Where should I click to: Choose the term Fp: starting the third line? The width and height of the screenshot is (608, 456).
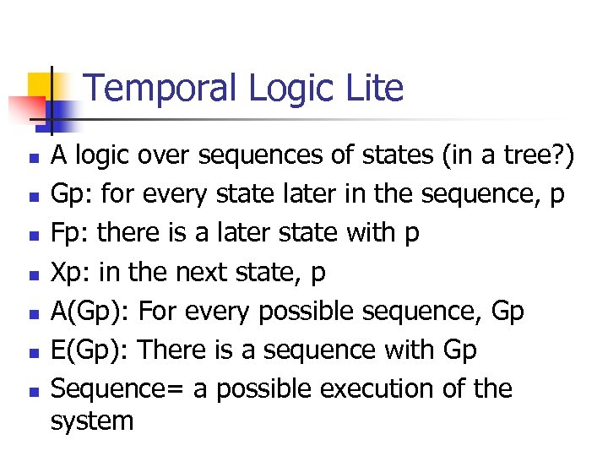point(70,233)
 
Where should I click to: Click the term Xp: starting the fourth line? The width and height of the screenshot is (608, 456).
point(71,272)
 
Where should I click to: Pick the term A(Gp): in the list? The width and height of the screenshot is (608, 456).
point(90,311)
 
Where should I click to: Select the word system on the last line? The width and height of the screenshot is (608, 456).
point(92,420)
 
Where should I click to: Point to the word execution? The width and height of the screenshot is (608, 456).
point(398,388)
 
